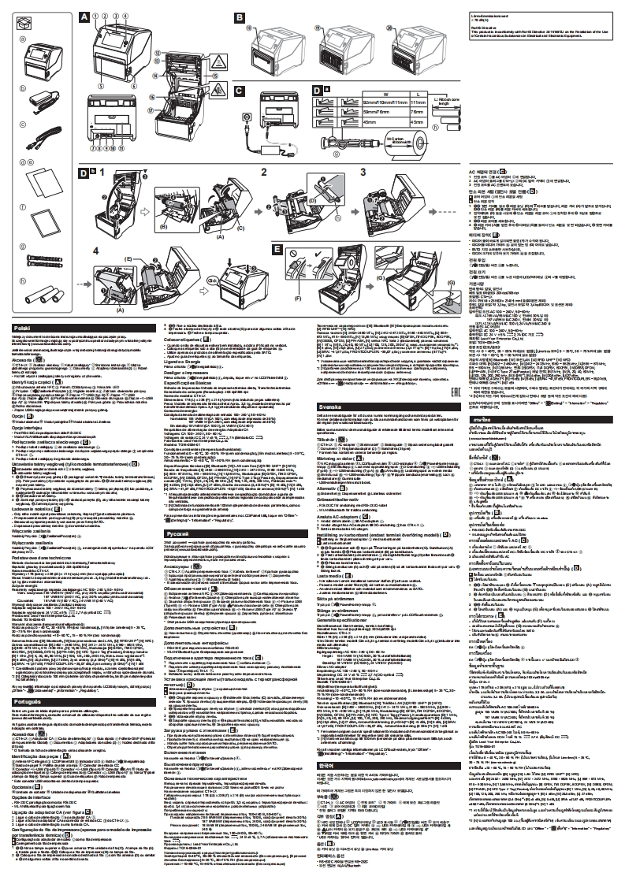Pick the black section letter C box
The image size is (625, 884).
(239, 90)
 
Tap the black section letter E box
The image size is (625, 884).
(277, 248)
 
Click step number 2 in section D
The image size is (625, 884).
(264, 170)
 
